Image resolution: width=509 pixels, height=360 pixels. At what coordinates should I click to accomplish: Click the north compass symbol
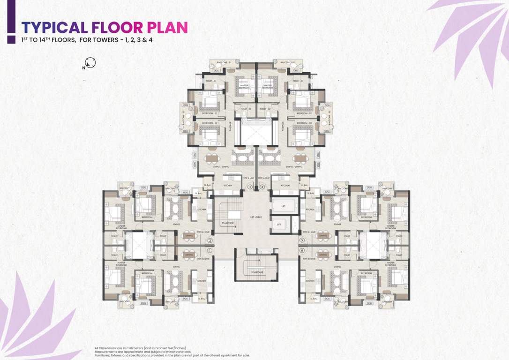click(90, 63)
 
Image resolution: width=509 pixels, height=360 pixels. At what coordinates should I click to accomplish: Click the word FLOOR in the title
click(117, 27)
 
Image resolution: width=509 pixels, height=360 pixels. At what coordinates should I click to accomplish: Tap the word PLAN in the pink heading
click(168, 27)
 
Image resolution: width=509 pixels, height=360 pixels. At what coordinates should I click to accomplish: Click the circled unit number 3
click(250, 187)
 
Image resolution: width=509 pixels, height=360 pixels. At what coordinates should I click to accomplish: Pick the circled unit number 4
click(262, 187)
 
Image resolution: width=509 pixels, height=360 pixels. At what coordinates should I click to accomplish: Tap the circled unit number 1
click(210, 250)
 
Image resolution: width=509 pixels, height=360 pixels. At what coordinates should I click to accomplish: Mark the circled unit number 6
click(302, 250)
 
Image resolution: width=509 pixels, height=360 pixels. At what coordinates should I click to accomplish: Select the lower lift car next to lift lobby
click(279, 225)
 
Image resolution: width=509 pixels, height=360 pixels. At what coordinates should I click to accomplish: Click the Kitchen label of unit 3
click(228, 186)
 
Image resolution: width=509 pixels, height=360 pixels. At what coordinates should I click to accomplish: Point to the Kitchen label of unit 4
click(284, 186)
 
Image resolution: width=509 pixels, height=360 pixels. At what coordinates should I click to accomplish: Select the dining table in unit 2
click(189, 236)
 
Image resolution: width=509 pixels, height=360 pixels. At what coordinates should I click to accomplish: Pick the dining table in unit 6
click(323, 255)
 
